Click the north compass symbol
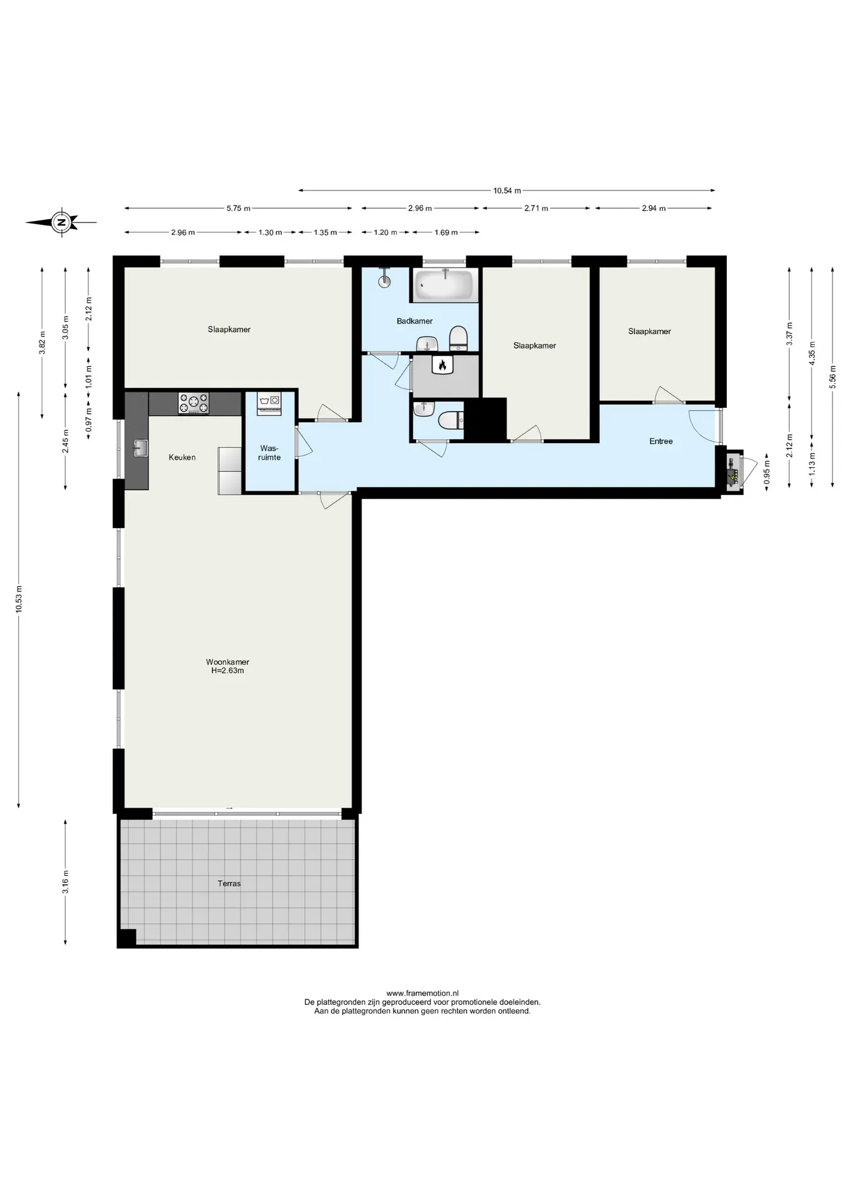pos(61,222)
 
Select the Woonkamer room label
pos(227,662)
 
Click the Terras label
pos(229,883)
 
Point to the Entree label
pos(661,441)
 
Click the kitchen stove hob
pos(194,403)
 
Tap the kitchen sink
pos(140,447)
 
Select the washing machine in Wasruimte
pos(268,404)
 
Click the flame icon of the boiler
pos(442,365)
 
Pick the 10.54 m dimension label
pos(507,190)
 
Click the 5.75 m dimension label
pos(238,209)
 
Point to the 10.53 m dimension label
pos(19,599)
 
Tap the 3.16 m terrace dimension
pos(66,882)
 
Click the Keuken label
pos(182,457)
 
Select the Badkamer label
pos(415,321)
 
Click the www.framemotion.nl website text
pos(422,993)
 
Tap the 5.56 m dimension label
pos(833,377)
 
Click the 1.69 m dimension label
pos(446,232)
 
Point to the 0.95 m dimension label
pos(767,471)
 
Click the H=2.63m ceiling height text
pos(227,670)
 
